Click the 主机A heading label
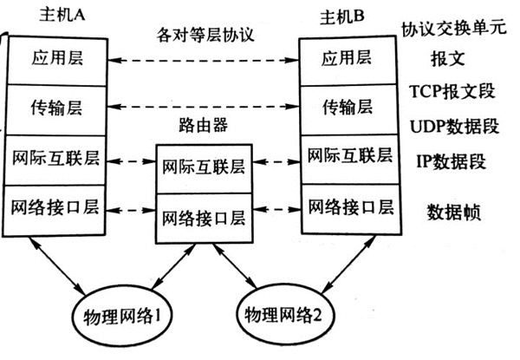coord(57,16)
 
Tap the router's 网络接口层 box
coord(204,213)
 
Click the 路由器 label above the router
coord(204,127)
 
